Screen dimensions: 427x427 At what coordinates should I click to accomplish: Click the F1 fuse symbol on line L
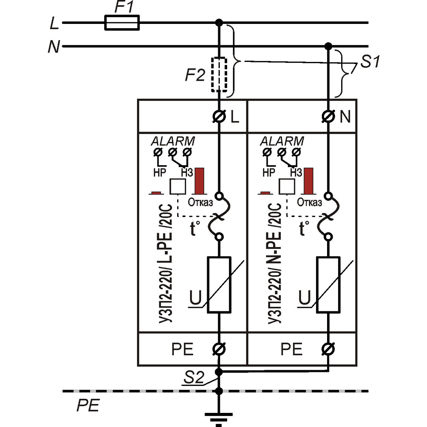(x=122, y=23)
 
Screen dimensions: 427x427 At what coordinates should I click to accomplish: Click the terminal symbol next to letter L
(x=219, y=117)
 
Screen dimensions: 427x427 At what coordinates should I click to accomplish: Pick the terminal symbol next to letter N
(x=328, y=117)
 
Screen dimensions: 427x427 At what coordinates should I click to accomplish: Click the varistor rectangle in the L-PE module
(x=219, y=285)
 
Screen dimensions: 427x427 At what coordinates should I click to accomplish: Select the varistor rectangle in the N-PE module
(x=328, y=285)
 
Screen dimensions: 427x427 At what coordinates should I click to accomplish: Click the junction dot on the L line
(x=219, y=22)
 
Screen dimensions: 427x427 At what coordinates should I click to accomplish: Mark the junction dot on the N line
(x=328, y=46)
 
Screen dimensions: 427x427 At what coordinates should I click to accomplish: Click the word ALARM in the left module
(x=173, y=141)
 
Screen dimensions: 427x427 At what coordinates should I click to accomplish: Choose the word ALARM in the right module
(x=282, y=141)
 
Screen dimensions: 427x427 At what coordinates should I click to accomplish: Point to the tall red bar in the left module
(x=200, y=181)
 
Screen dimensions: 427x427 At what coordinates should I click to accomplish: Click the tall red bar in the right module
(x=308, y=181)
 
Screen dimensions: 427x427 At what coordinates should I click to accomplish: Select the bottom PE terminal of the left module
(x=219, y=349)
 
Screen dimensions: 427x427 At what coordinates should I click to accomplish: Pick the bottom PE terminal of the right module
(x=328, y=349)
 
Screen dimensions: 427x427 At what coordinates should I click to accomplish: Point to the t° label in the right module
(x=304, y=228)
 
